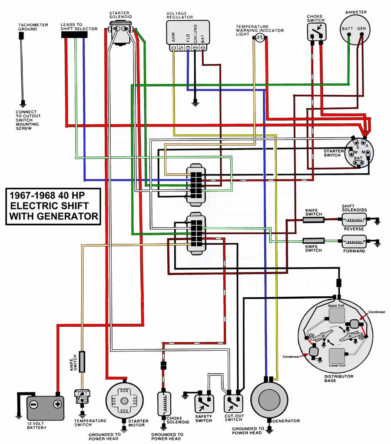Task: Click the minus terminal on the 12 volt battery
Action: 34,404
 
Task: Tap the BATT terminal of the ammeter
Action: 349,35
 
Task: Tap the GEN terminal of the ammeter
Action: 361,35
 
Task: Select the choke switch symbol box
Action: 317,31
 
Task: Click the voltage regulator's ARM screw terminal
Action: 173,48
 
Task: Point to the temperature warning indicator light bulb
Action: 260,37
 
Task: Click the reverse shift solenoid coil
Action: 354,220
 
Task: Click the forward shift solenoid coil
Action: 354,242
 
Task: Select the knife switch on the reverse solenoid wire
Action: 313,220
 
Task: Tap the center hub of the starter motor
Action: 124,401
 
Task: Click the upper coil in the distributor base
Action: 337,315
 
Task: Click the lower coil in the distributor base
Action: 337,356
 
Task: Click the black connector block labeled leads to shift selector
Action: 74,35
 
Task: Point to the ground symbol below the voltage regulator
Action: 195,103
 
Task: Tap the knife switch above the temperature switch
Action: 82,361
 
